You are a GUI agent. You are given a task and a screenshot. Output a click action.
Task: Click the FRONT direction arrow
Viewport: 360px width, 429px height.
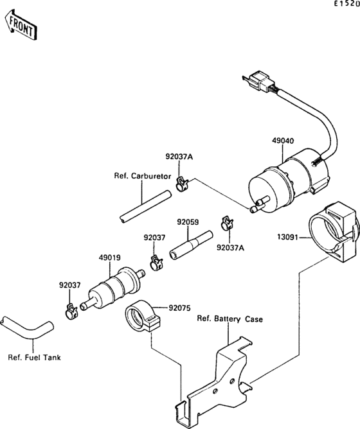click(21, 25)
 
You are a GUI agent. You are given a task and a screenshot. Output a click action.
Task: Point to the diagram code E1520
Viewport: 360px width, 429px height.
click(346, 4)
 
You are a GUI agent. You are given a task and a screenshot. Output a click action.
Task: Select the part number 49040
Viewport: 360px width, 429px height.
click(283, 141)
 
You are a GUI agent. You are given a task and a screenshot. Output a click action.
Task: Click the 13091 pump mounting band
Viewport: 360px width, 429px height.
click(332, 231)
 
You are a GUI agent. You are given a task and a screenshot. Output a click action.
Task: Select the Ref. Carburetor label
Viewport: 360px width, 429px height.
click(143, 176)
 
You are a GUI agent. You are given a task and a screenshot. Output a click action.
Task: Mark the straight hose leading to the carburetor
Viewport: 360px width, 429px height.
click(145, 207)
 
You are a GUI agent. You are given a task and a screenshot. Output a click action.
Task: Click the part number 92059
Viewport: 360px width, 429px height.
click(188, 222)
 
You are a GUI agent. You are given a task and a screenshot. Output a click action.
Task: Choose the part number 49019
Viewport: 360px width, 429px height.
click(109, 258)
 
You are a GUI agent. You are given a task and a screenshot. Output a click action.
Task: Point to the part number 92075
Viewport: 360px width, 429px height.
click(179, 308)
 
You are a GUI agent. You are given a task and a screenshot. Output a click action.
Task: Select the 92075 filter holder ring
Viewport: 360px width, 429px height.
click(143, 316)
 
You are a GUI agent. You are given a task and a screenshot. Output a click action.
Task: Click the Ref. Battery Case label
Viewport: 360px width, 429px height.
click(230, 319)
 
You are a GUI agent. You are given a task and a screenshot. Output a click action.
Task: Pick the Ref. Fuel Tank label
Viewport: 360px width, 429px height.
click(34, 357)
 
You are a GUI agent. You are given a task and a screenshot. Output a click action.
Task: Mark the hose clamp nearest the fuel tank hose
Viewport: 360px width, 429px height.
click(71, 312)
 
